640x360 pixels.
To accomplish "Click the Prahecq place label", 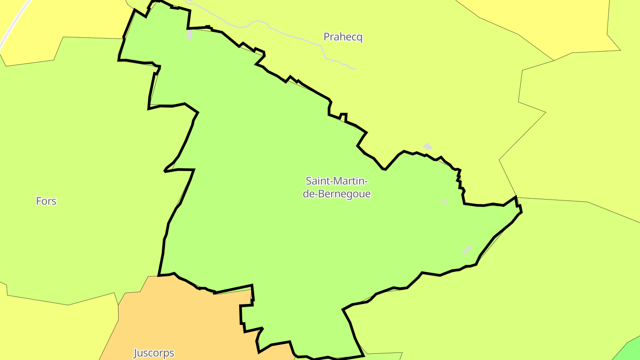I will click(x=343, y=37).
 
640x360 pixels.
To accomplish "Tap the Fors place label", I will click(x=46, y=201).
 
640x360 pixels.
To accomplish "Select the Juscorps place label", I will click(x=154, y=353).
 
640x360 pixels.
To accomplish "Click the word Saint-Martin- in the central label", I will click(x=337, y=181).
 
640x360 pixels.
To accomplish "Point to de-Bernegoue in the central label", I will click(x=337, y=194).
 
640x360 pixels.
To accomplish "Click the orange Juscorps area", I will click(x=187, y=320).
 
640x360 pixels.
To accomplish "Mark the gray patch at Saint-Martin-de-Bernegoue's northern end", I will click(x=190, y=35).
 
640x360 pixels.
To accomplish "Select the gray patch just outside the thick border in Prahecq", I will click(x=427, y=146).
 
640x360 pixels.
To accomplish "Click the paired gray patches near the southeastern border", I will click(x=467, y=249).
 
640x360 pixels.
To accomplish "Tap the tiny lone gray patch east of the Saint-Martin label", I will click(x=444, y=202).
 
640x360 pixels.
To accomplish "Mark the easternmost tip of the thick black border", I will click(x=521, y=212).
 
